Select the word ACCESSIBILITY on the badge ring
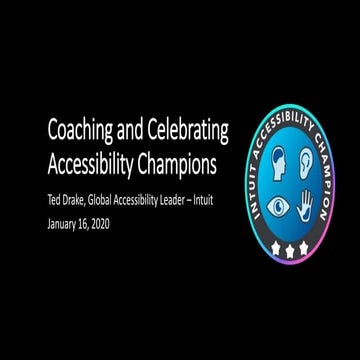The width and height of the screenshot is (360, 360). coord(283,113)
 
